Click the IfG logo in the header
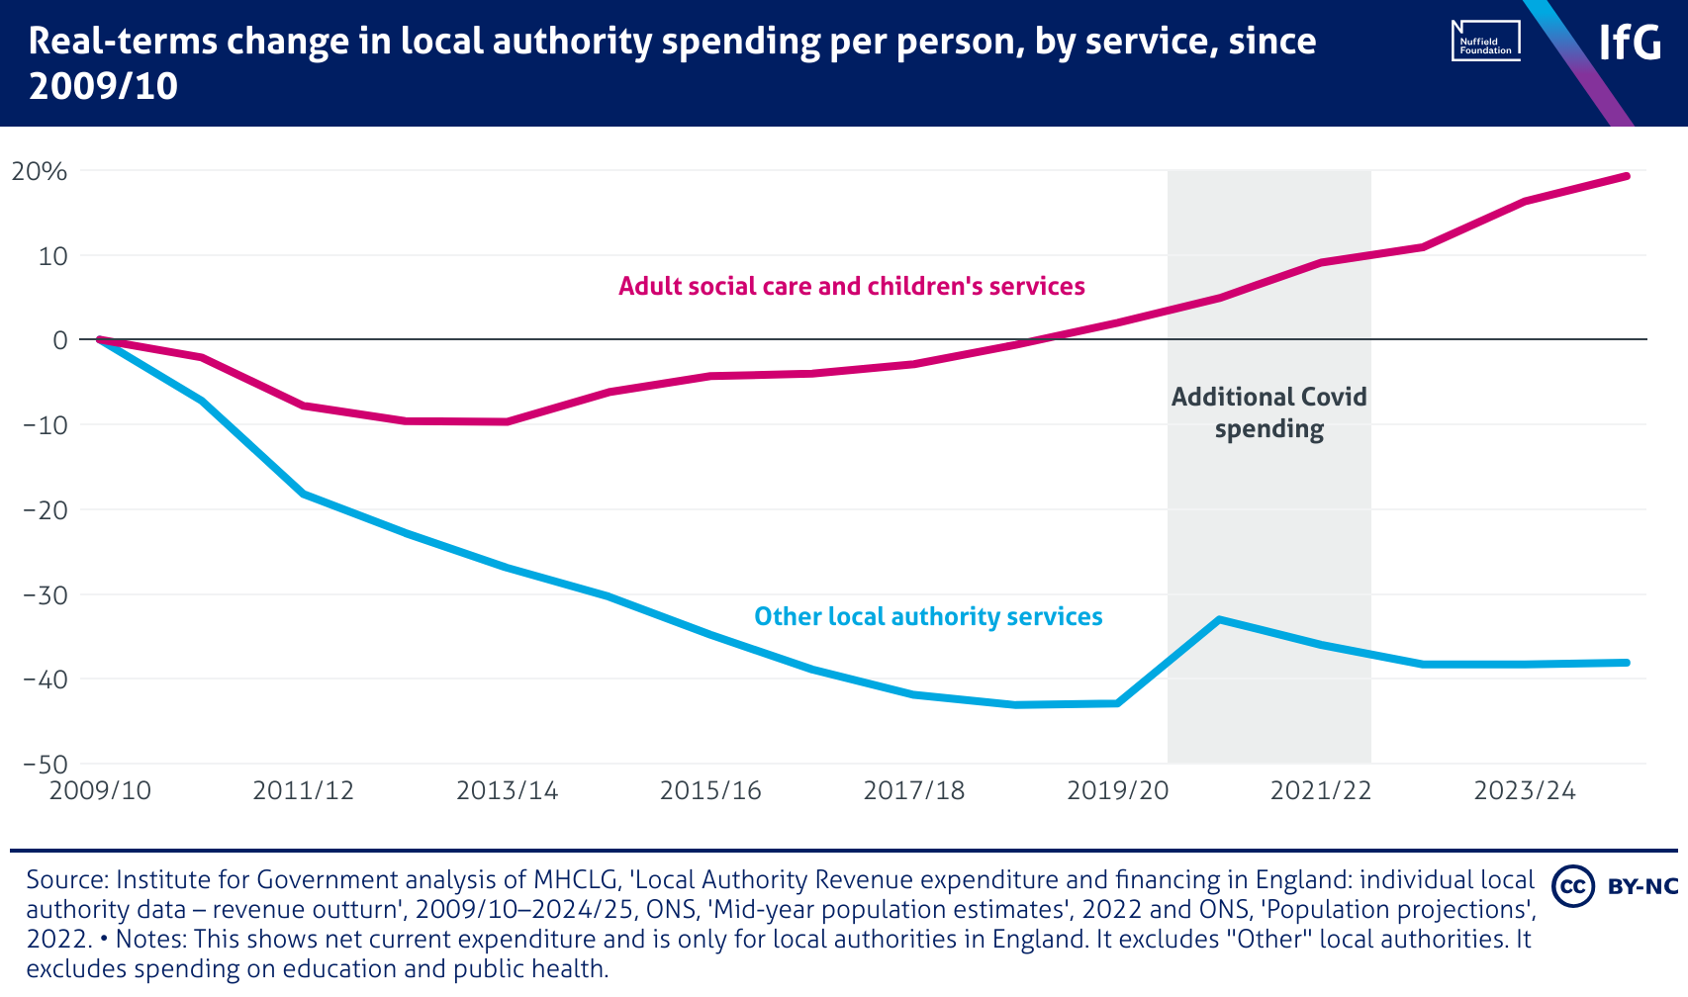click(1630, 43)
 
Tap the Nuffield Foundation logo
click(1485, 42)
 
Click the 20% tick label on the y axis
click(40, 171)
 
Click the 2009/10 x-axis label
click(100, 791)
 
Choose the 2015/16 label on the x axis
click(710, 791)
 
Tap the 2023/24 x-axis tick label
click(1525, 791)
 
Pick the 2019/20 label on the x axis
click(1117, 791)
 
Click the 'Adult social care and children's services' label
click(851, 287)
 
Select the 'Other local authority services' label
click(928, 617)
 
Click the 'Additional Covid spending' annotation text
click(1268, 412)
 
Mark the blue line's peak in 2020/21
click(1219, 619)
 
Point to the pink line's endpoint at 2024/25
click(1626, 176)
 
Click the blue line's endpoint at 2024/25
click(1626, 663)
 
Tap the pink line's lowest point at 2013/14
click(507, 421)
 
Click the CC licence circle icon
click(1572, 885)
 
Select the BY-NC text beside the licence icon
click(1643, 886)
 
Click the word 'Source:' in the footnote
click(66, 879)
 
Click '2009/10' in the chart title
click(103, 87)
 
